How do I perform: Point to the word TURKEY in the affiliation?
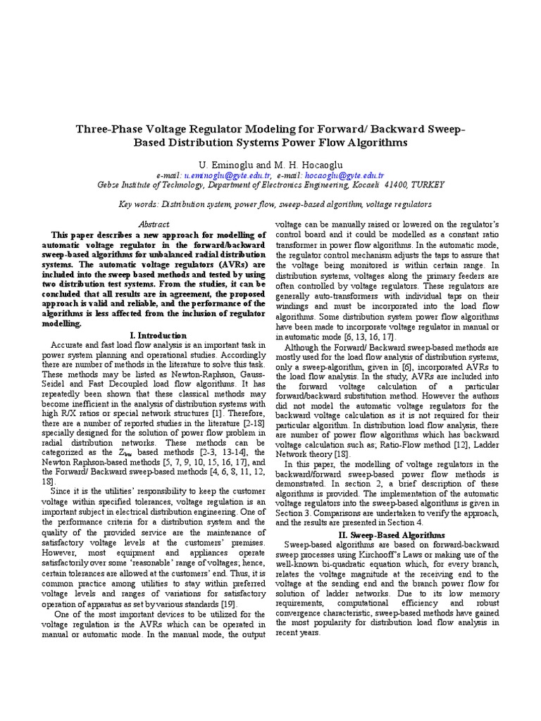[426, 184]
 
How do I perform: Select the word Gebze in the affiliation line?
[108, 184]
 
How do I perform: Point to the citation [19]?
[228, 604]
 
